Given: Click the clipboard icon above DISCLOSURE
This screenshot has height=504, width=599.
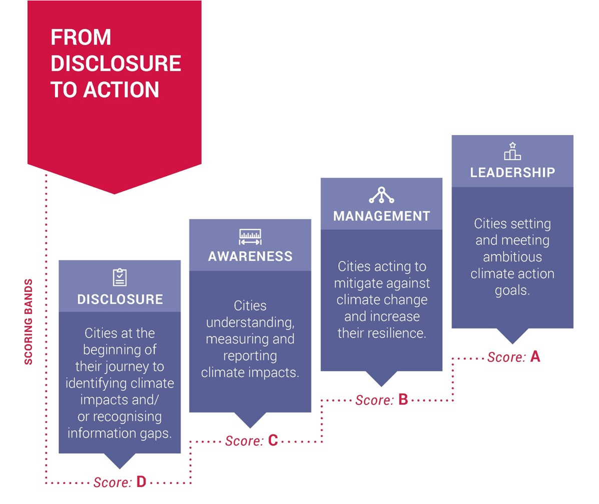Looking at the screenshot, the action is [120, 277].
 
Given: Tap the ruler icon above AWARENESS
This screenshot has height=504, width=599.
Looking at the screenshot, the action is [250, 236].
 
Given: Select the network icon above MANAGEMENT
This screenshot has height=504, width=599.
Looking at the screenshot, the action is [381, 194].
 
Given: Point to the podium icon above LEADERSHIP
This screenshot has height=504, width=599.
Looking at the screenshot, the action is [512, 151].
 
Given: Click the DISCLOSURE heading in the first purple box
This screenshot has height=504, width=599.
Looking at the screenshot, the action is [120, 299].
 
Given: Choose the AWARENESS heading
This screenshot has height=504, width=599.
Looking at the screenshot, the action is [250, 256].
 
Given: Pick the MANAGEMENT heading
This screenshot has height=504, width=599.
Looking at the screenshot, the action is [382, 216].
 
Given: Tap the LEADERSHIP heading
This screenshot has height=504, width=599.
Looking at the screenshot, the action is [512, 172].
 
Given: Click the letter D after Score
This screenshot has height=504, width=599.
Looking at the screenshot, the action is [141, 482].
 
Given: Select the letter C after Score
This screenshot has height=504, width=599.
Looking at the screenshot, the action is [273, 440].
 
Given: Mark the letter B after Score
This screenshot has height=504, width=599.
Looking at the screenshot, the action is [403, 399].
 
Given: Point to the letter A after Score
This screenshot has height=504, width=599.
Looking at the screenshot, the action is [535, 356].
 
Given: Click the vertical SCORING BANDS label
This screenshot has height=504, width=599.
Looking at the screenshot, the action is [28, 322].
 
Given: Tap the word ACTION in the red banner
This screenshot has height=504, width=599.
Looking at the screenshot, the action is [121, 89].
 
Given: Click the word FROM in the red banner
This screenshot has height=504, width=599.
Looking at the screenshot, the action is [81, 37].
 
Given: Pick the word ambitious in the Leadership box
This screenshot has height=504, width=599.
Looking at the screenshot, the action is [512, 256].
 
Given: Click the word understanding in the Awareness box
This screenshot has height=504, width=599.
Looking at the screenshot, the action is [250, 322].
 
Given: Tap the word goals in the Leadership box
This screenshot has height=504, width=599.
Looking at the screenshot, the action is [512, 290].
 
